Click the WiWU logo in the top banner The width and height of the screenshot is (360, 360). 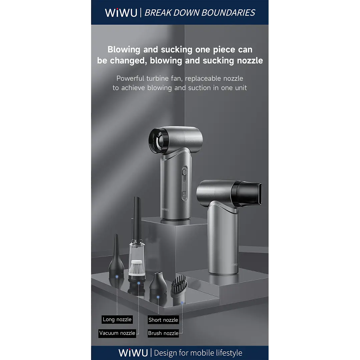(x=121, y=13)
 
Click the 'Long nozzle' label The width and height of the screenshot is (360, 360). (x=117, y=319)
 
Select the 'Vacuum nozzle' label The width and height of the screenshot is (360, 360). (x=117, y=333)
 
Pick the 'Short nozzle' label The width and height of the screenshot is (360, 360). (x=163, y=320)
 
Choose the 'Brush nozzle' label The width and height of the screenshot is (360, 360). (x=163, y=333)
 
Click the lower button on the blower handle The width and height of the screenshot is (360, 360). (x=184, y=194)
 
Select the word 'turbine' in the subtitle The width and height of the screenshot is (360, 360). (x=157, y=78)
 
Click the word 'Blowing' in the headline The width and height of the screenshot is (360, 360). (x=124, y=50)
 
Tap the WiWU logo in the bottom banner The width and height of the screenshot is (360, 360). (x=133, y=353)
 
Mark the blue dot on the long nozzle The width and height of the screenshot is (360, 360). (x=117, y=277)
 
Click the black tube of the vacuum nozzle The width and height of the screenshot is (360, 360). (x=137, y=218)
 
